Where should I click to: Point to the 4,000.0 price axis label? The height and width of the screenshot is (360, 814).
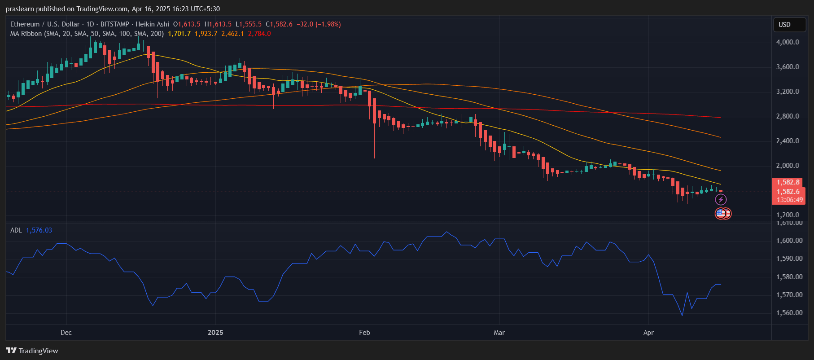click(x=788, y=42)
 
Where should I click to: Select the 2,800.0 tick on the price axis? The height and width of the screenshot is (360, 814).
click(x=788, y=116)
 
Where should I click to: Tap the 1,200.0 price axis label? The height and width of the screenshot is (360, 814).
click(x=788, y=215)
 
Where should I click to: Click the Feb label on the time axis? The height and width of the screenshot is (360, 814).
click(x=364, y=333)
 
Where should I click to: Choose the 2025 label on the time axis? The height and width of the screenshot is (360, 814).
click(x=215, y=333)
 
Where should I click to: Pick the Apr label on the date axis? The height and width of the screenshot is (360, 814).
click(x=648, y=333)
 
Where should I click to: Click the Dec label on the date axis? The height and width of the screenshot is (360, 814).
click(x=66, y=333)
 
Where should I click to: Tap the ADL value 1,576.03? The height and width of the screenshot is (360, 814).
click(x=39, y=230)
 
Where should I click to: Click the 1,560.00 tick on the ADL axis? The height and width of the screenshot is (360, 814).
click(x=789, y=313)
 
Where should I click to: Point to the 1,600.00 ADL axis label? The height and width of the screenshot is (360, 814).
click(x=789, y=241)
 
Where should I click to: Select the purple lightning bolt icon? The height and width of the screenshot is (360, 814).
click(x=721, y=200)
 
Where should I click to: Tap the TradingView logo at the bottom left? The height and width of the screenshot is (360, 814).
click(x=32, y=351)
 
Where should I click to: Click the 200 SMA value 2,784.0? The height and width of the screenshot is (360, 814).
click(x=259, y=34)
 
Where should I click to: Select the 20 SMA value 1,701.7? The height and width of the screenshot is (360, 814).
click(x=179, y=34)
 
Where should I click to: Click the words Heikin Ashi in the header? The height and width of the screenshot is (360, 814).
click(x=152, y=24)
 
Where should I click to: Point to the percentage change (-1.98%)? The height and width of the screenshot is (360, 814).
click(x=328, y=24)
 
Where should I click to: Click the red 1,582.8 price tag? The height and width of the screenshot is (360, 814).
click(x=788, y=182)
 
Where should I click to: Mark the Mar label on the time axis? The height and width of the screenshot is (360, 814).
click(x=499, y=333)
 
